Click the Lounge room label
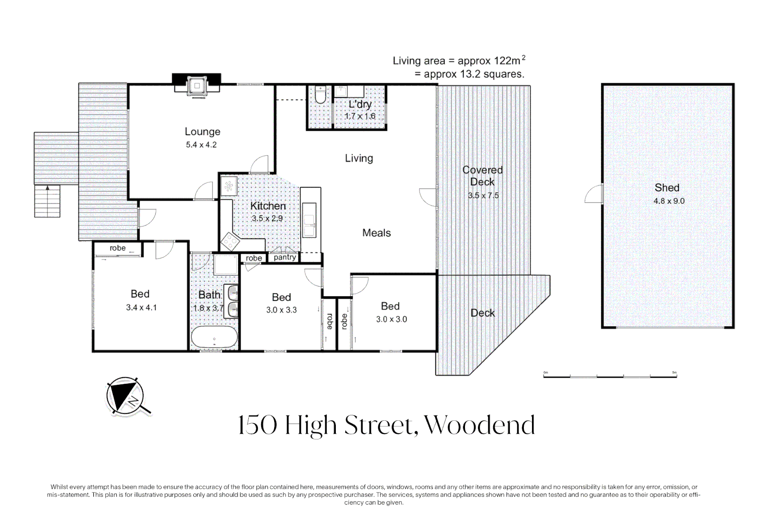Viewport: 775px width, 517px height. pyautogui.click(x=202, y=132)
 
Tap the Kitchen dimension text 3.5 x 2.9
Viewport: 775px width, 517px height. pyautogui.click(x=267, y=218)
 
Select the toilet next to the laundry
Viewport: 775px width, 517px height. pyautogui.click(x=320, y=95)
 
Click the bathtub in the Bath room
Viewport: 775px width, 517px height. pyautogui.click(x=214, y=337)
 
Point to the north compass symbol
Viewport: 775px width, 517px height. pyautogui.click(x=126, y=396)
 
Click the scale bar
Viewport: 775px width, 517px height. pyautogui.click(x=610, y=376)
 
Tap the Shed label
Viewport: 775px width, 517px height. pyautogui.click(x=667, y=188)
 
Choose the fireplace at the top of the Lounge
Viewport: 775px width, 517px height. pyautogui.click(x=197, y=85)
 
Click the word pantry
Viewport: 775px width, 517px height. pyautogui.click(x=285, y=257)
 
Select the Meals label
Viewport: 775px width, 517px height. pyautogui.click(x=376, y=233)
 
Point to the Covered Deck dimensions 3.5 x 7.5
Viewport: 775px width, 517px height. pyautogui.click(x=483, y=195)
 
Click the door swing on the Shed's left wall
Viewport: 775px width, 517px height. pyautogui.click(x=594, y=193)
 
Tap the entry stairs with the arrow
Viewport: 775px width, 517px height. pyautogui.click(x=47, y=201)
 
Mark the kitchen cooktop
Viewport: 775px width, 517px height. pyautogui.click(x=230, y=241)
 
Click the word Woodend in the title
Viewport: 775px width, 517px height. pyautogui.click(x=479, y=425)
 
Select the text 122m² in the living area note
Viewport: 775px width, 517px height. pyautogui.click(x=509, y=60)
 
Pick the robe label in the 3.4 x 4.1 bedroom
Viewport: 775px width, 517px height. pyautogui.click(x=118, y=248)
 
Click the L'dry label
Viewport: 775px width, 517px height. pyautogui.click(x=360, y=104)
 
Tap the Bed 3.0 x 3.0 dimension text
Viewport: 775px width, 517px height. pyautogui.click(x=392, y=319)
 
